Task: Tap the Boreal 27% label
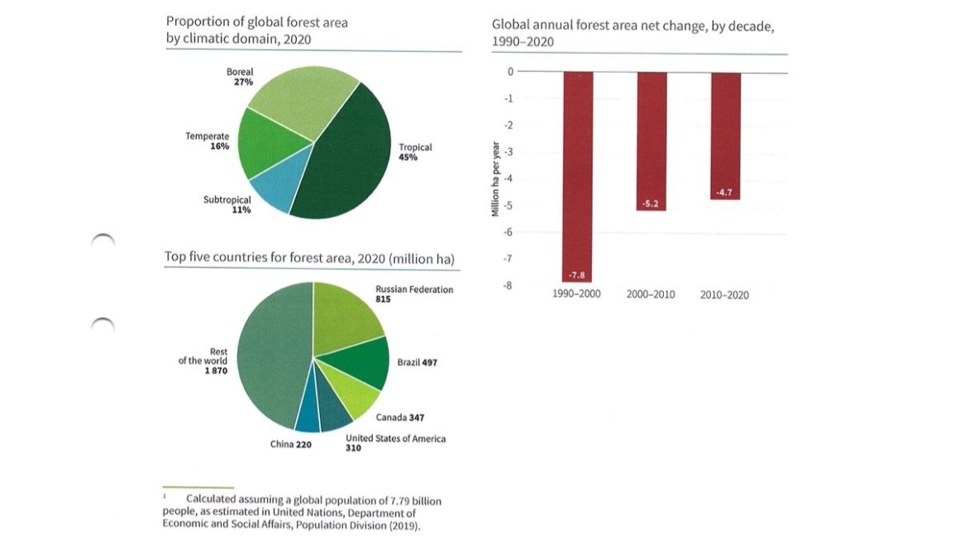240,77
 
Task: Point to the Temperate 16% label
208,141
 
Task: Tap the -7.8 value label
577,275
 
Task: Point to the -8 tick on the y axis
508,285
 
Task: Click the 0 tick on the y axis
510,72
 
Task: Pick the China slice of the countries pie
308,418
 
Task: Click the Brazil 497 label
417,363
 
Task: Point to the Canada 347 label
400,418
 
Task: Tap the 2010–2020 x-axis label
724,295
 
